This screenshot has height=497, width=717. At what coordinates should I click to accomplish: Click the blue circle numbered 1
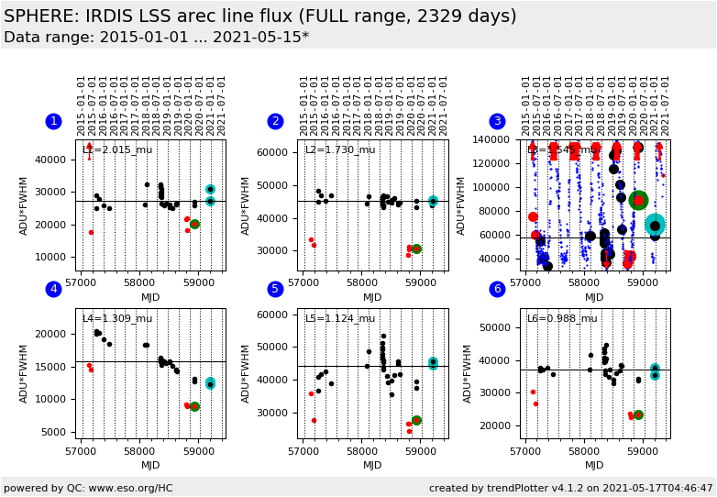click(53, 121)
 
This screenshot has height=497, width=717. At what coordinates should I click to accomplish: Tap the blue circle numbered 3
click(497, 121)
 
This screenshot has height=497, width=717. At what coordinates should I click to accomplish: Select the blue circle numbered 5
click(275, 290)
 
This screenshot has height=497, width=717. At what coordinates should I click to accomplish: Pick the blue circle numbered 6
click(497, 290)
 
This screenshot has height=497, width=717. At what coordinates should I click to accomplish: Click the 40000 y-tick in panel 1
click(56, 160)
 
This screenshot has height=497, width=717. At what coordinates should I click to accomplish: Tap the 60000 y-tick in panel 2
click(278, 152)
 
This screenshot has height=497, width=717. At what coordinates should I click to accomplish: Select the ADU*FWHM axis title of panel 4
click(25, 373)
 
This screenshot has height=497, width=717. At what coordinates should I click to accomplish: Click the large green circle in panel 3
click(639, 200)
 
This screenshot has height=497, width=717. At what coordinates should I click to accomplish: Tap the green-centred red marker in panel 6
click(638, 415)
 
